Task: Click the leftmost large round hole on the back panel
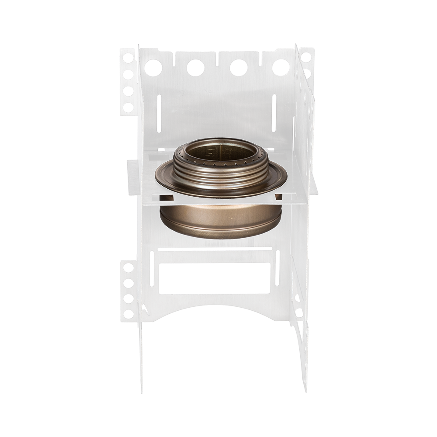coord(153,68)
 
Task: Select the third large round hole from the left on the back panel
coord(239,68)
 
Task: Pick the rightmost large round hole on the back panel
coord(281,68)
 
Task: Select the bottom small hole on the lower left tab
coord(128,313)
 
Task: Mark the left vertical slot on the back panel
coord(159,113)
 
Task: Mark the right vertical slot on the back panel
coord(274,113)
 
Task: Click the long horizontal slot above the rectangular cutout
coord(215,249)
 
